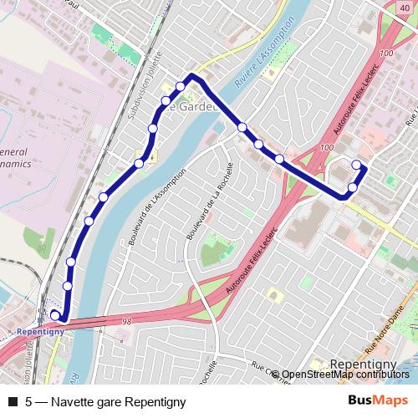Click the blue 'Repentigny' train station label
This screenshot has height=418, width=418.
36,332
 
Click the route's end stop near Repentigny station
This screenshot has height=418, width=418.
55,314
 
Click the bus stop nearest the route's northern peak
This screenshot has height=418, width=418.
181,87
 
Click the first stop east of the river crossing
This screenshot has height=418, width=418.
242,127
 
